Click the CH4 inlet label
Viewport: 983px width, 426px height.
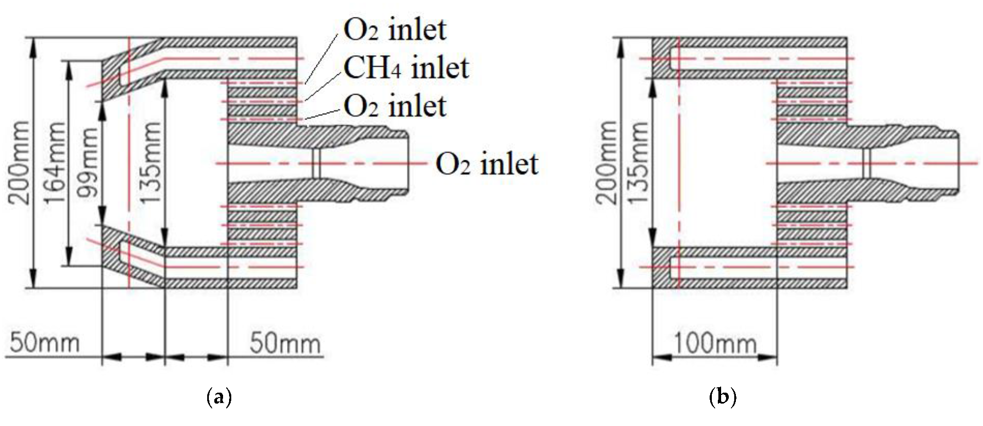click(x=406, y=67)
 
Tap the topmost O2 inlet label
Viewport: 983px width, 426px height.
click(x=395, y=29)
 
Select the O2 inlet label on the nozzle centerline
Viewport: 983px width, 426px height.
click(x=487, y=164)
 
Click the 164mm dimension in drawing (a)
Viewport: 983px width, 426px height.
click(x=54, y=162)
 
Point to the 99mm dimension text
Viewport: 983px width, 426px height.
click(x=87, y=162)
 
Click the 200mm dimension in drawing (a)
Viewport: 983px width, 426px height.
click(x=20, y=162)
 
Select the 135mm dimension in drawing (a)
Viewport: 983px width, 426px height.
click(x=150, y=162)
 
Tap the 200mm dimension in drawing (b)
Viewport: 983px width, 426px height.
click(x=606, y=162)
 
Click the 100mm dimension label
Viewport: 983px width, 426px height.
click(x=715, y=344)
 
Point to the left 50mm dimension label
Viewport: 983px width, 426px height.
click(x=44, y=343)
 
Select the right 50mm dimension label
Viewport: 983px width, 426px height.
click(x=285, y=343)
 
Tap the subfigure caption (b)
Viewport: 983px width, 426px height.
click(x=723, y=396)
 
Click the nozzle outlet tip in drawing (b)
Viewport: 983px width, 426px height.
click(x=957, y=162)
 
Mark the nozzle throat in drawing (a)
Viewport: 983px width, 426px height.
click(x=315, y=163)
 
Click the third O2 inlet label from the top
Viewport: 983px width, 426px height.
click(x=395, y=106)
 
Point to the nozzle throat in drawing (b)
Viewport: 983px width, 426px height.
click(x=866, y=163)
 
